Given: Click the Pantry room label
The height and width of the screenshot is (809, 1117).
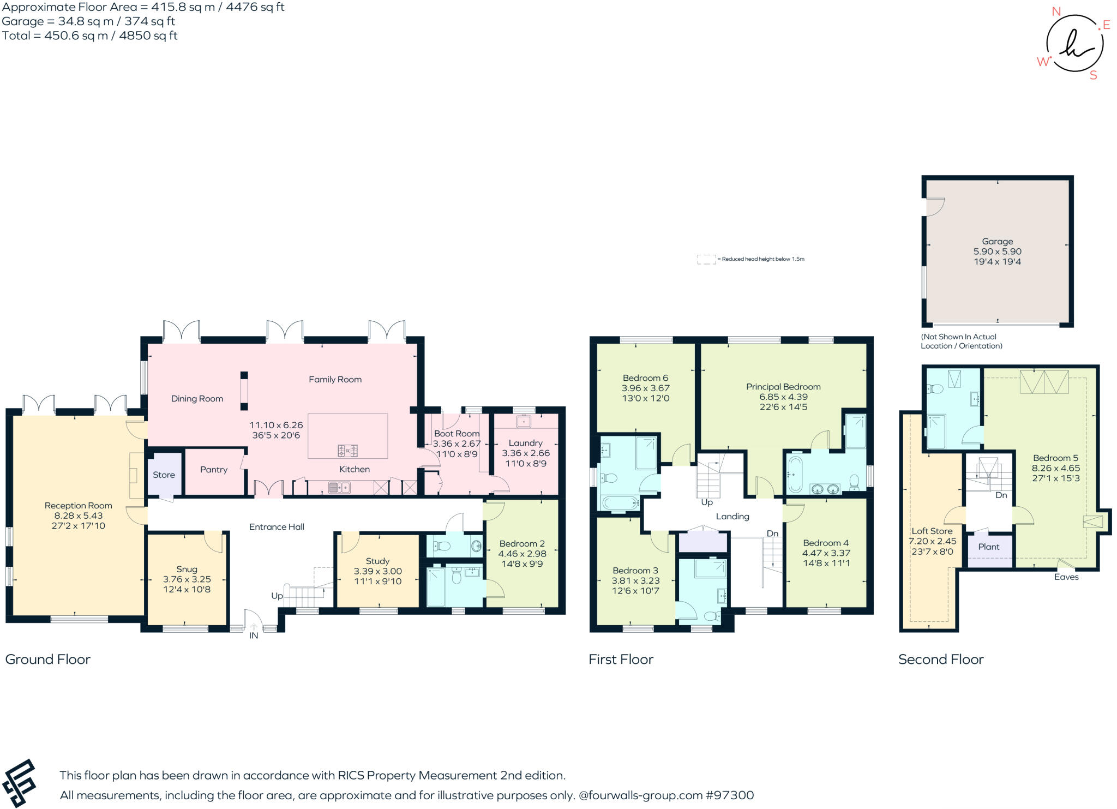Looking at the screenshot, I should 213,470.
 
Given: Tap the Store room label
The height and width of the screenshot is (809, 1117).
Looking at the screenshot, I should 164,475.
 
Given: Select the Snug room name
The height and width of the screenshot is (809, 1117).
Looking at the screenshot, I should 187,569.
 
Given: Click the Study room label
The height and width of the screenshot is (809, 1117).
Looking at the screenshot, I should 377,561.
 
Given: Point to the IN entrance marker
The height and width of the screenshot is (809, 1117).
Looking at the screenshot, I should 254,636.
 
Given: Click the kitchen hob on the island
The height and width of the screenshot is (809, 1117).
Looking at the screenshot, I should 347,451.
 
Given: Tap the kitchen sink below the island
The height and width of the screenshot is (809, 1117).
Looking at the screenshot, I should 339,487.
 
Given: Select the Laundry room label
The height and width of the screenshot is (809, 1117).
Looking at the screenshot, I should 525,443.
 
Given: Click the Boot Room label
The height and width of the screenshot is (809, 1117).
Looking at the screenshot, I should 457,434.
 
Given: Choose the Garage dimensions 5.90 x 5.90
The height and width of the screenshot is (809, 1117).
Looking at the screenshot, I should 997,251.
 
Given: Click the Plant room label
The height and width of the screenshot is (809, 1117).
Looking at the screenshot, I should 988,547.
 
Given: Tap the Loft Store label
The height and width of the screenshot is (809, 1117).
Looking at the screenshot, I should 932,531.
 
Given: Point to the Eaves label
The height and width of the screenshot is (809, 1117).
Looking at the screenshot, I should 1066,577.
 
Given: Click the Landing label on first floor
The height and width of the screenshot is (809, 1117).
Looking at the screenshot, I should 732,516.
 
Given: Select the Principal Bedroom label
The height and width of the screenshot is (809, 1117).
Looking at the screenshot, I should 783,387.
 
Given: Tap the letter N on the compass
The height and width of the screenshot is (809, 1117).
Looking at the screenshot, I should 1056,11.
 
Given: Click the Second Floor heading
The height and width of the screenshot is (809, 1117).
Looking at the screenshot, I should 940,659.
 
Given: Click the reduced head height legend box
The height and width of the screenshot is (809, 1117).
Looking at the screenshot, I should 706,259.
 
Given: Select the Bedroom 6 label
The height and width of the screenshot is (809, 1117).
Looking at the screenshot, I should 645,378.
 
